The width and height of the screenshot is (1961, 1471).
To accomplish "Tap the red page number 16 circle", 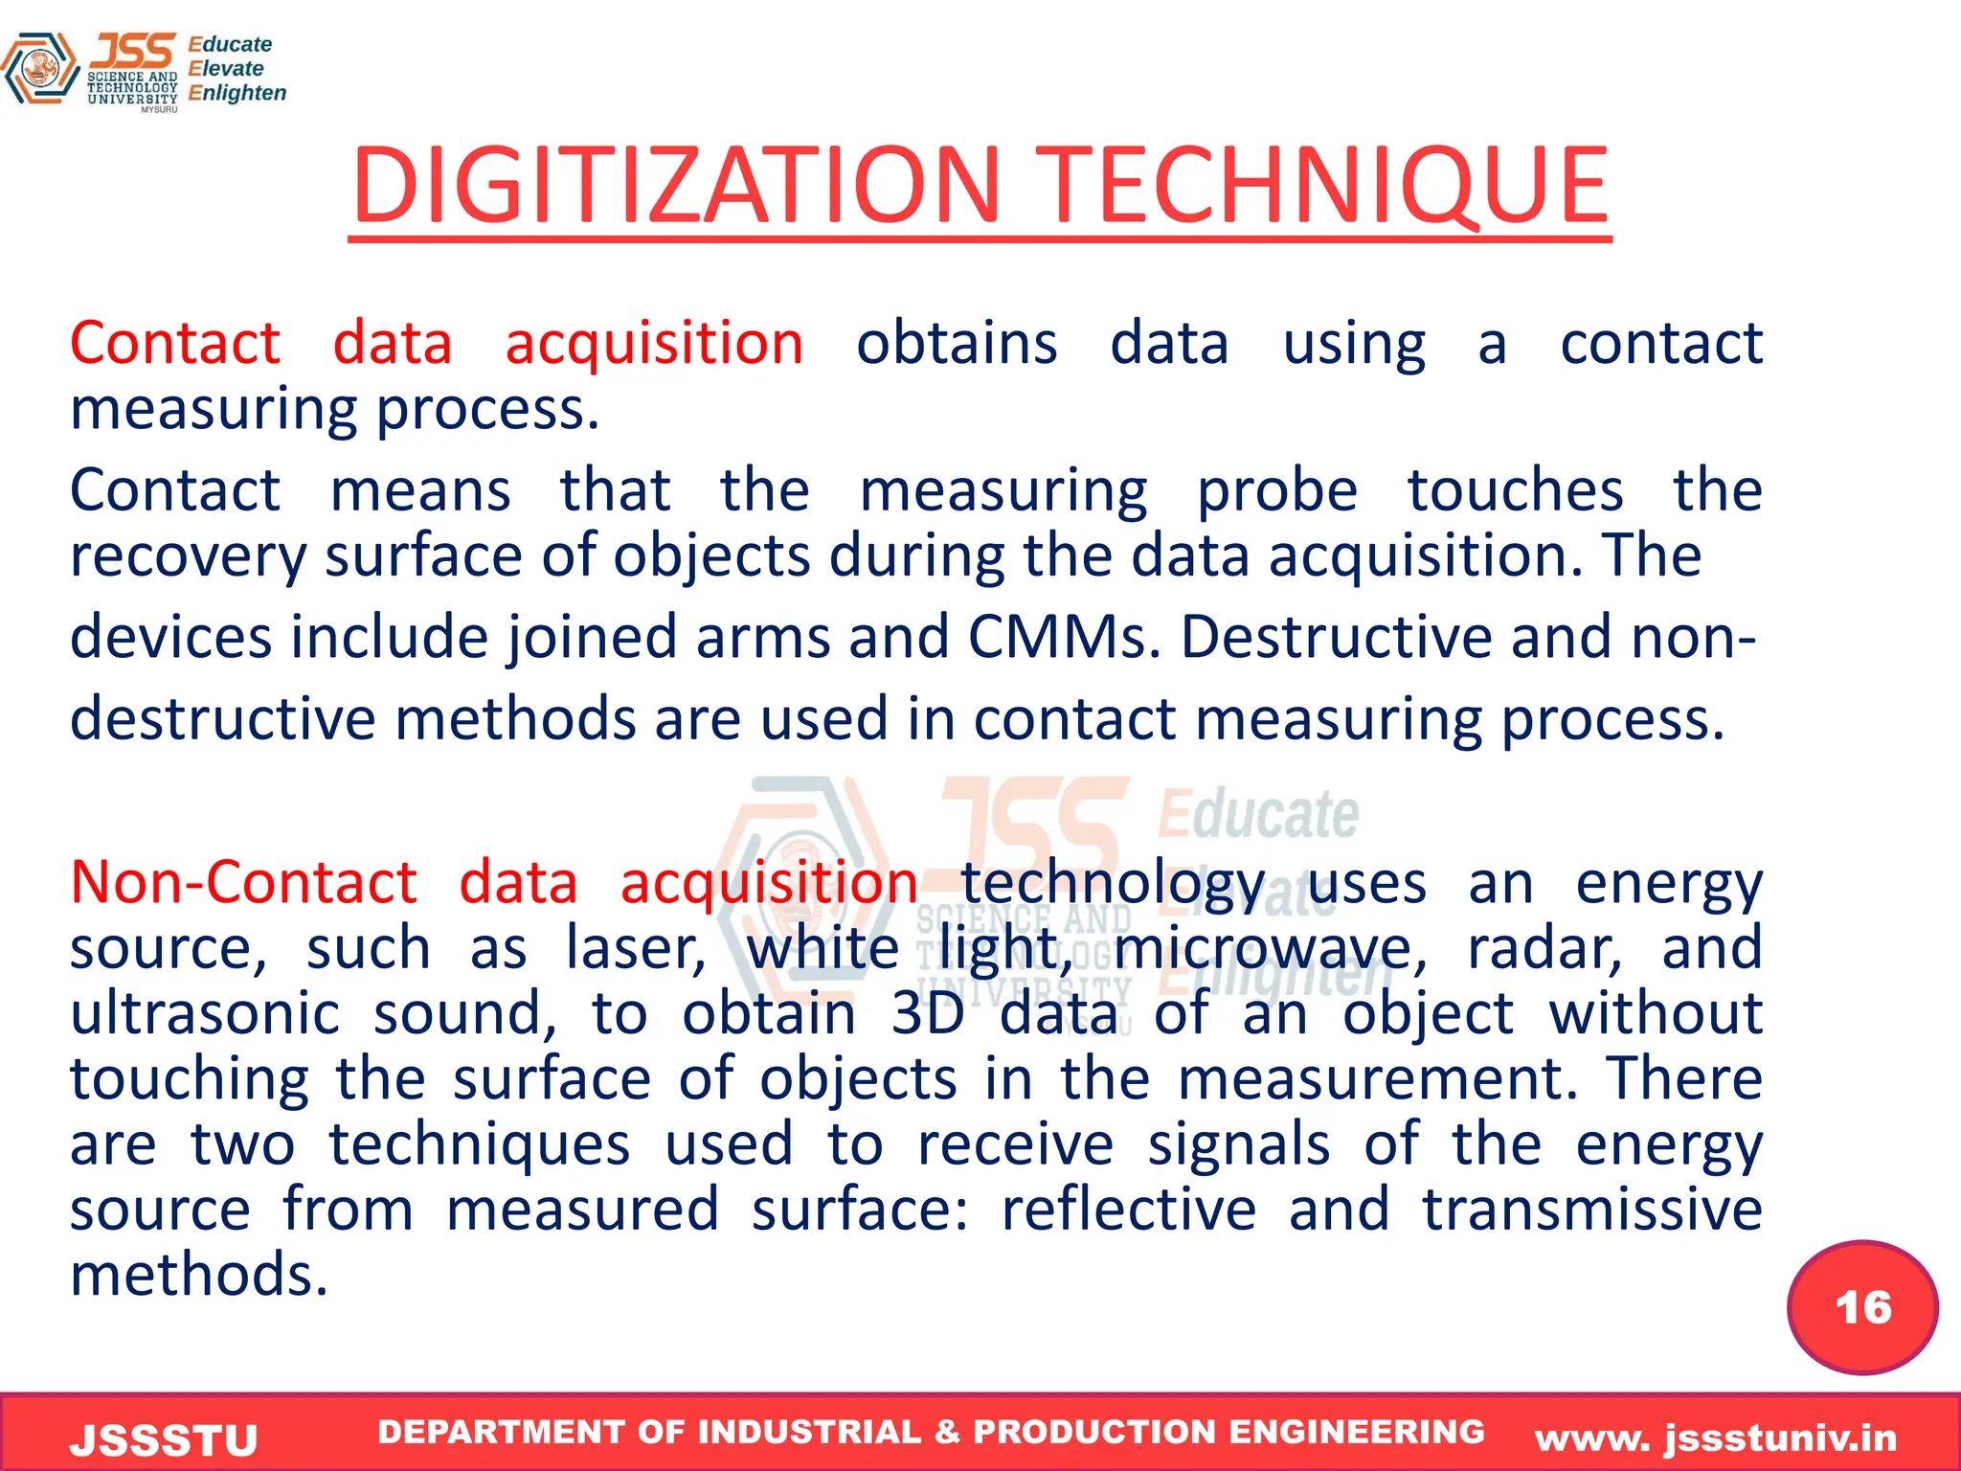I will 1862,1307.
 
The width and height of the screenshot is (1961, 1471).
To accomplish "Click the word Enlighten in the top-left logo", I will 237,93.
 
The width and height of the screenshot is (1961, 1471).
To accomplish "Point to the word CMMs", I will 1063,637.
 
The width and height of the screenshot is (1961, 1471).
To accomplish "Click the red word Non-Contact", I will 244,882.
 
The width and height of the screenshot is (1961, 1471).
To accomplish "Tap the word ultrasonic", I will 205,1013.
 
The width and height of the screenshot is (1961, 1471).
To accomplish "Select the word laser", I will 636,948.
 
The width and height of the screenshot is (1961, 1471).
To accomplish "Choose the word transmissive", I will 1591,1209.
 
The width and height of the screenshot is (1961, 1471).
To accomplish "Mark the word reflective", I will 1128,1209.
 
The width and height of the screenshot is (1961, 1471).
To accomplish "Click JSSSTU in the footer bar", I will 164,1440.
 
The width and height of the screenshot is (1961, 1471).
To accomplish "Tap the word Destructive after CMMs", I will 1336,637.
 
